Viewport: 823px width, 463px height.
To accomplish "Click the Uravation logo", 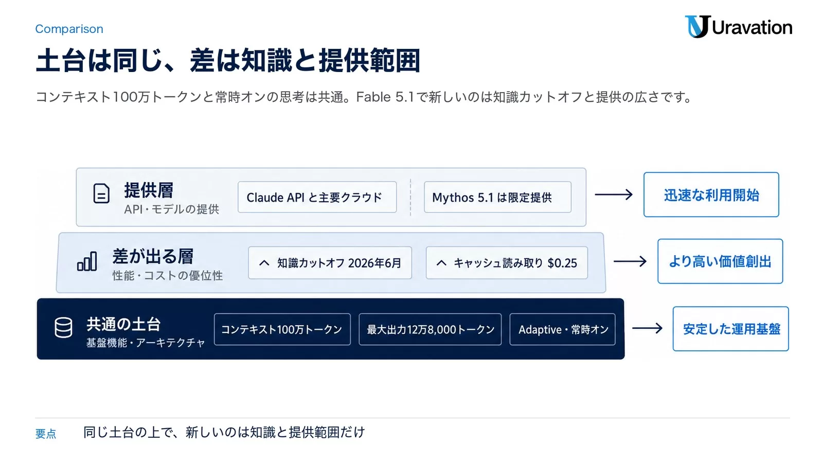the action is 739,27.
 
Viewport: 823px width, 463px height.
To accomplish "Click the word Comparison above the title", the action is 69,29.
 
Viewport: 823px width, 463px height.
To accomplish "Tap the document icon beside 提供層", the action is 101,193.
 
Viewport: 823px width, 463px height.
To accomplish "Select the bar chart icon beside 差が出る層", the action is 87,261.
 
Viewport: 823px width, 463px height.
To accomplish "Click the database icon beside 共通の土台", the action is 64,327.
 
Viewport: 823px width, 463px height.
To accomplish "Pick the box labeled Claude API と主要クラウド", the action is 317,197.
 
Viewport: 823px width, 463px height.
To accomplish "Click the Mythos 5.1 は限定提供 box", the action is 497,197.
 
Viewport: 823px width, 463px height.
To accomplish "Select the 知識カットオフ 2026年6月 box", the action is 330,263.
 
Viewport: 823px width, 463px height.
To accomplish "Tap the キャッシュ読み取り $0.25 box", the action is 507,263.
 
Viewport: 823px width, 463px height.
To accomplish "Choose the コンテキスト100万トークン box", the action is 282,329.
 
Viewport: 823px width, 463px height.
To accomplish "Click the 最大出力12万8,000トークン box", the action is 430,329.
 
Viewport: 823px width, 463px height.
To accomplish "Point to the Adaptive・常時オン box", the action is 563,329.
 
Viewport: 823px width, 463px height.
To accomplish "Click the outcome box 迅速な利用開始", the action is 711,195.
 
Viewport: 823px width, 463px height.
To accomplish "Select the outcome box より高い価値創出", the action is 720,261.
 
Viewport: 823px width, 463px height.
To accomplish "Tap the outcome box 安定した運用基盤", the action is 731,329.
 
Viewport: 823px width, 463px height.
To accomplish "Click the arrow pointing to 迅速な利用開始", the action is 614,194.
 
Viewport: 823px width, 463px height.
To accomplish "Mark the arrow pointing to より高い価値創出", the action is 630,261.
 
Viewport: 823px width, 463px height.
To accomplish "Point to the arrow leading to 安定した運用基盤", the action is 648,328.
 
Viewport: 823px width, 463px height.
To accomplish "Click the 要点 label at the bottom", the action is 46,434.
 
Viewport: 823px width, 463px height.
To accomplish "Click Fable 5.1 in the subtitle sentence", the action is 385,97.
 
